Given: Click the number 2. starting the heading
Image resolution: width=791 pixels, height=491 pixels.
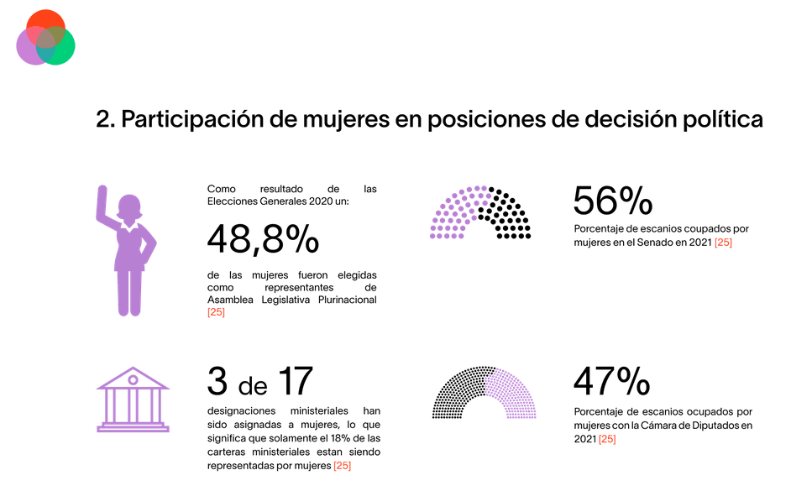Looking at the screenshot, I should pos(105,119).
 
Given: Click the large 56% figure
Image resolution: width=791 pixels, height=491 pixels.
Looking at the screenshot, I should pos(612,201).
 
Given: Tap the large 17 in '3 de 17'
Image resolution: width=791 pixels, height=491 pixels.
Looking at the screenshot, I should pos(295,382).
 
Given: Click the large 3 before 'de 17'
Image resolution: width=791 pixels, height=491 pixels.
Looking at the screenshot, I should pos(217,382).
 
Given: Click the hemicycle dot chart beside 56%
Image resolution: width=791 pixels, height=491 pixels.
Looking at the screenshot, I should pos(480,213).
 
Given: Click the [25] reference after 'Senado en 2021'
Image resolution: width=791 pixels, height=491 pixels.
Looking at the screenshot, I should pos(723,243).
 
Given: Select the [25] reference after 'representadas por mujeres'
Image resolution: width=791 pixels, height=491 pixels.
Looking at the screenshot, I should pos(342,465).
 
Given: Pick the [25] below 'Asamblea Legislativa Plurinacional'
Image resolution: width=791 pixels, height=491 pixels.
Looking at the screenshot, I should pos(217,312).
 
